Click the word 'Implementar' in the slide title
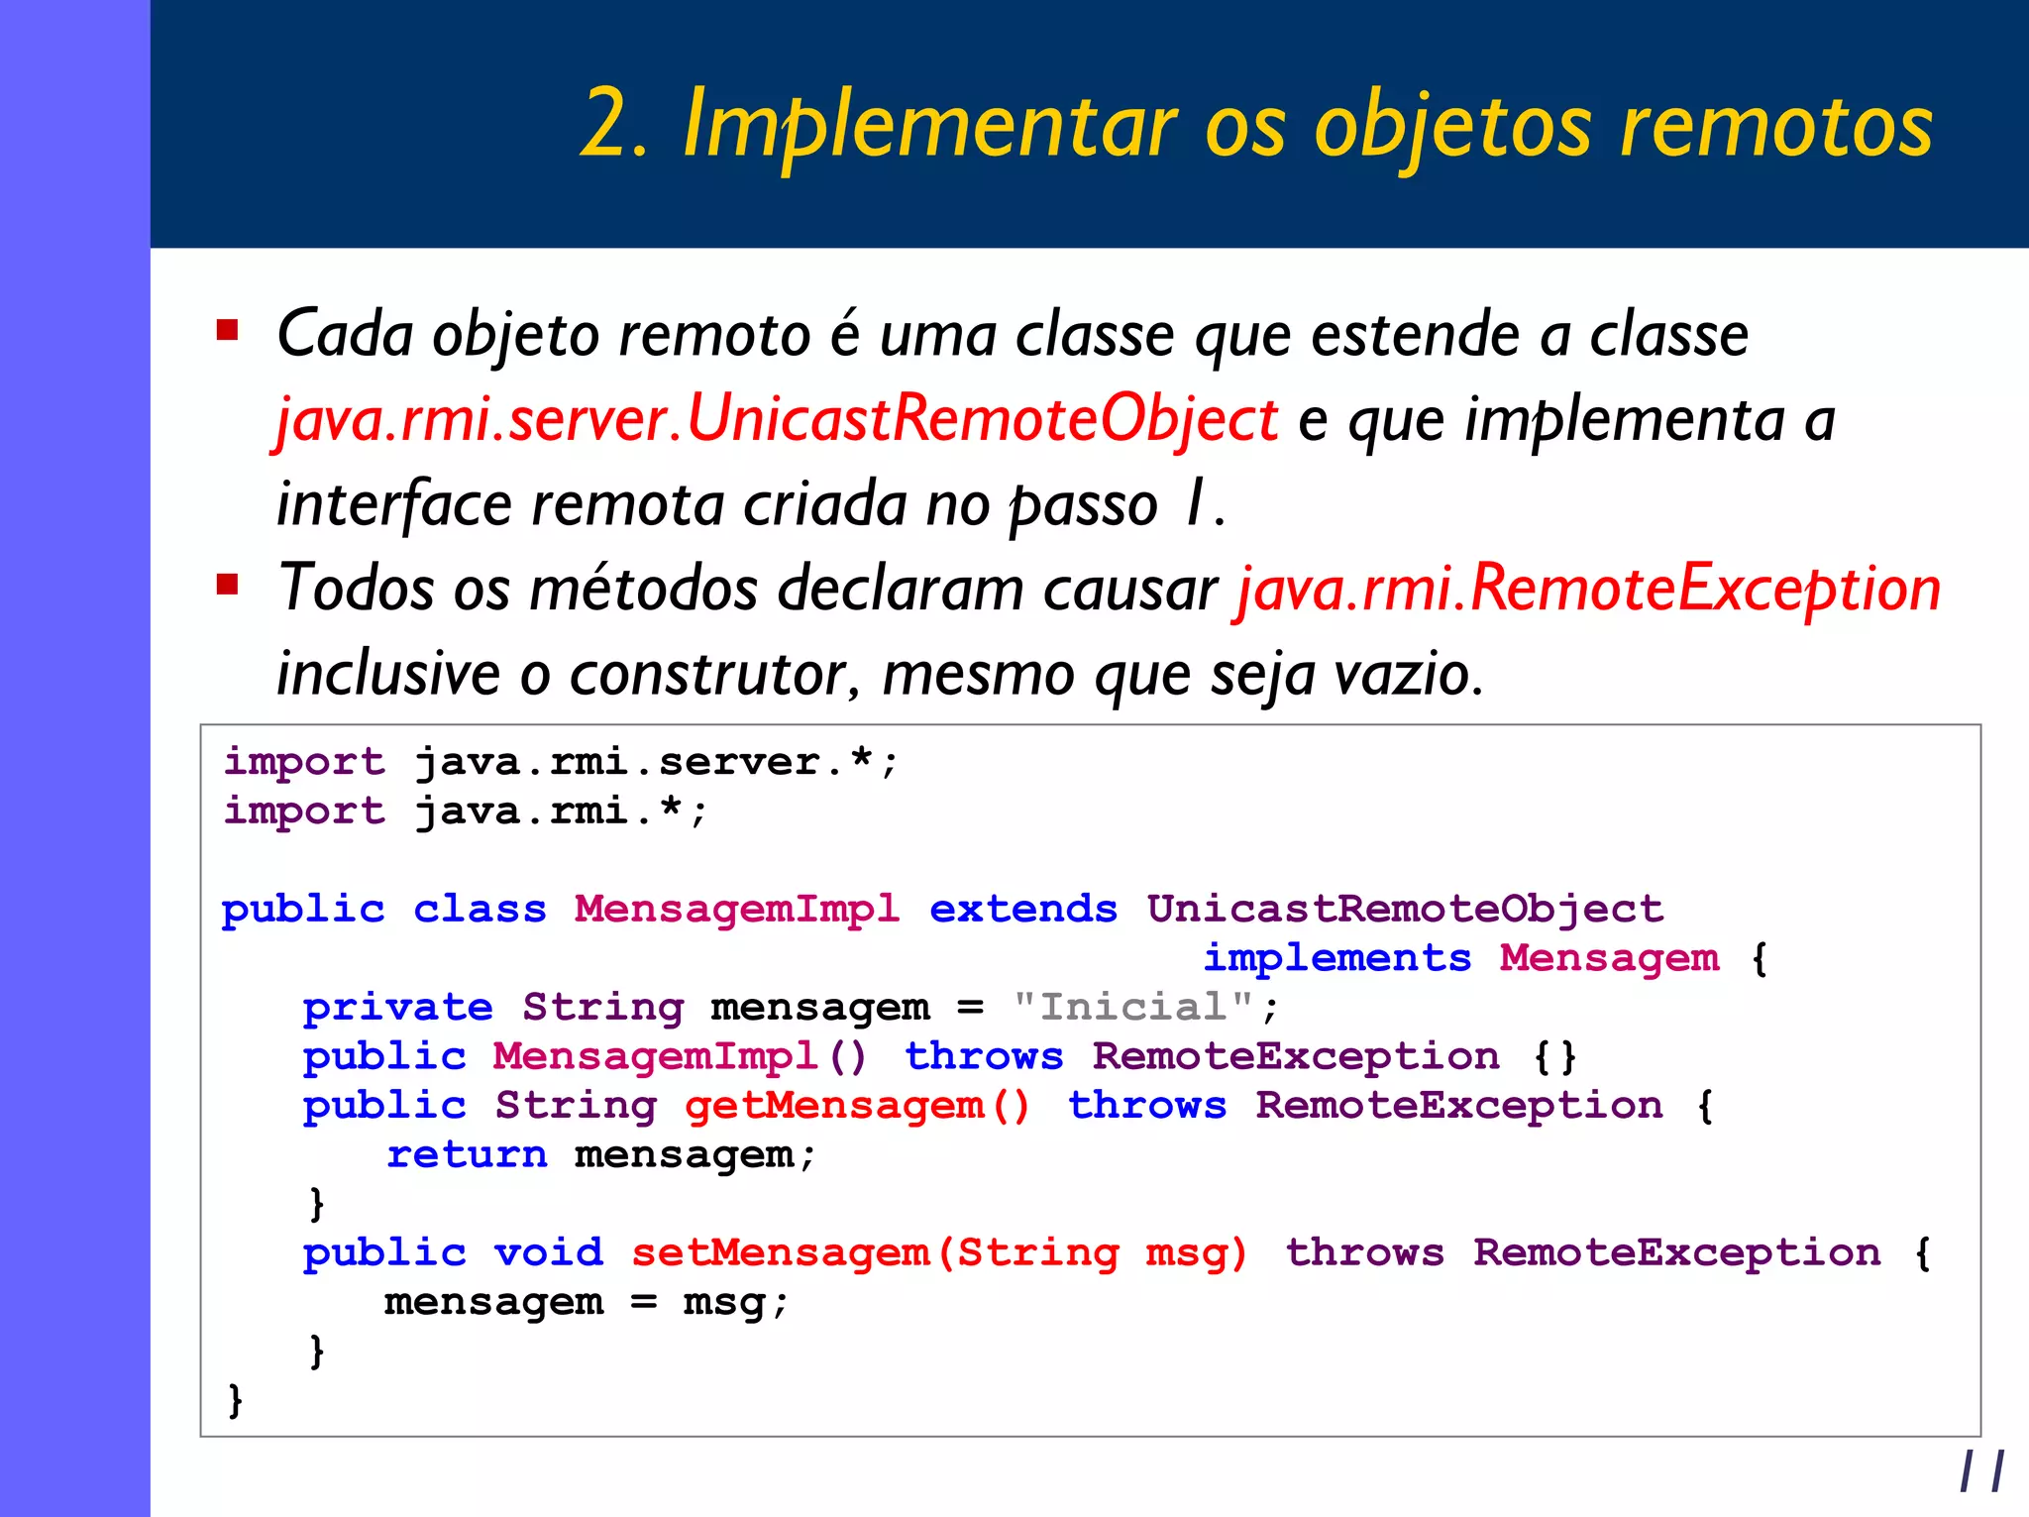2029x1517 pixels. [x=929, y=125]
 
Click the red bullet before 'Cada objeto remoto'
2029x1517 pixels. [x=228, y=330]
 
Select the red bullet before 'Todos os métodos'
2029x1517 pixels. [x=228, y=584]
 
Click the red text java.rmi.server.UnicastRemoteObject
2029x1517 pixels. [x=777, y=419]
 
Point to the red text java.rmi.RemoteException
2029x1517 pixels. [x=1587, y=589]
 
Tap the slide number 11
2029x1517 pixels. [x=1981, y=1470]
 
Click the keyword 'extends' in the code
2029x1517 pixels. [x=1022, y=909]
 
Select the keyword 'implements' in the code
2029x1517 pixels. [x=1336, y=958]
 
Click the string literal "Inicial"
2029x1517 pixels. [x=1132, y=1007]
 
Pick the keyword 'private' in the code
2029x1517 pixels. [x=397, y=1008]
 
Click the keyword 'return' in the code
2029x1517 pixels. [x=466, y=1154]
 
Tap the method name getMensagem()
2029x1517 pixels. [x=857, y=1106]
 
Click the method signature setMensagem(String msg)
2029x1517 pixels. [x=938, y=1253]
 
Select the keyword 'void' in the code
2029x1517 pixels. [x=548, y=1253]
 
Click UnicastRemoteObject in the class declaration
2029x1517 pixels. [x=1405, y=909]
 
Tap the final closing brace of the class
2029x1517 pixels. [x=235, y=1400]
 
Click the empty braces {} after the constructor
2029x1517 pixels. [x=1554, y=1057]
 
